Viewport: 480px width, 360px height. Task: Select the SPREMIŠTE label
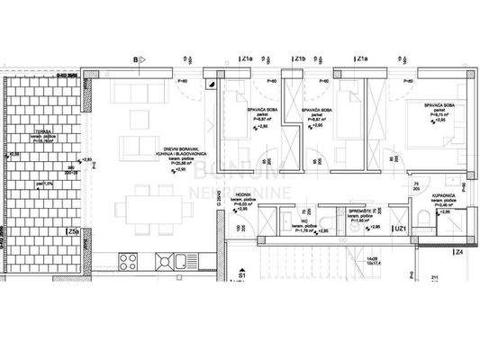(362, 211)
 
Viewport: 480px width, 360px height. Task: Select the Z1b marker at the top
(301, 59)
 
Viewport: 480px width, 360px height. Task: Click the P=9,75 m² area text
(438, 114)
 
